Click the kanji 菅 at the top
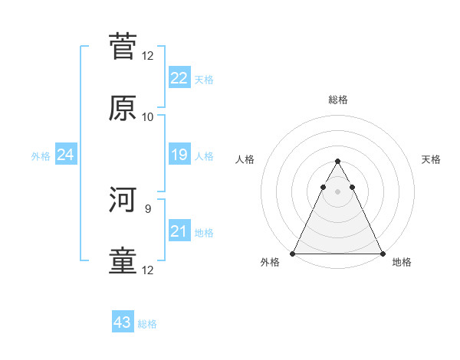click(x=123, y=47)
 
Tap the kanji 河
click(x=123, y=200)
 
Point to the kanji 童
click(x=123, y=261)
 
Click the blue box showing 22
click(x=179, y=77)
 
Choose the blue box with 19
click(x=179, y=155)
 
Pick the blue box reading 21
click(x=179, y=231)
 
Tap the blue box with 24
click(x=65, y=155)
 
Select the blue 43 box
click(x=123, y=322)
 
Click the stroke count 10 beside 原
click(x=148, y=117)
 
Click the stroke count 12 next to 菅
click(x=148, y=56)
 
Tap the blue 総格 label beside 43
click(x=148, y=324)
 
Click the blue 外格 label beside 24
click(x=41, y=155)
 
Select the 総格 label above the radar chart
click(x=337, y=100)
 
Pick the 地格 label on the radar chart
click(x=402, y=263)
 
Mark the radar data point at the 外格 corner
click(x=293, y=254)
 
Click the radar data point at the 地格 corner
click(x=382, y=254)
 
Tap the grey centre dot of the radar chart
click(x=337, y=191)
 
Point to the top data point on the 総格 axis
click(x=337, y=162)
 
